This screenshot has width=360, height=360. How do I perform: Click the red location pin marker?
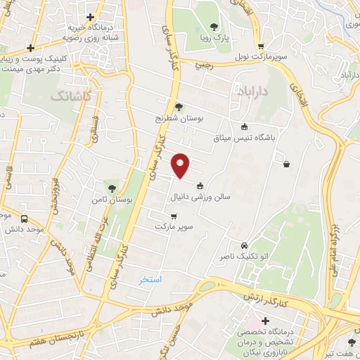181,165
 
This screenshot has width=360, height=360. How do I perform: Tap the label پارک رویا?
214,38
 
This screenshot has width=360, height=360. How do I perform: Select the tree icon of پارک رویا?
214,27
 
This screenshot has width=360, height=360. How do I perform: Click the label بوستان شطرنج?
179,118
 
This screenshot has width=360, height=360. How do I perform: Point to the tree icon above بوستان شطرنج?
179,108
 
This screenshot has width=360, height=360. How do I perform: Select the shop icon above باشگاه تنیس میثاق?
244,127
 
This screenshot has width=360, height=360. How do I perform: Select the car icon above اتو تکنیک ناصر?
243,247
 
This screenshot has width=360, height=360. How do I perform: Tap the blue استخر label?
149,279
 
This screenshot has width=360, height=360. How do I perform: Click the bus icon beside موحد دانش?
25,219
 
